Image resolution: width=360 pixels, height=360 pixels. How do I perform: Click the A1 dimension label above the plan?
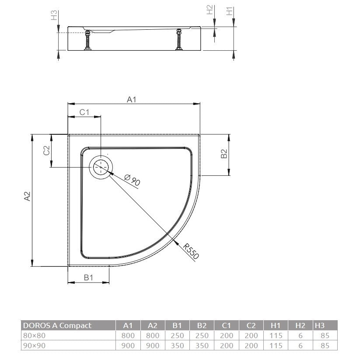point(132,99)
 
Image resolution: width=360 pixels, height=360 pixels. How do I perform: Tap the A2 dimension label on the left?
point(27,196)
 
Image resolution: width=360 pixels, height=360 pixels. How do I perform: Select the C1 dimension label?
point(84,112)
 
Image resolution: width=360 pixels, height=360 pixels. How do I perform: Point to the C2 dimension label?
point(47,150)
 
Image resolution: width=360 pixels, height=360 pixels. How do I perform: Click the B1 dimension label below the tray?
point(88,278)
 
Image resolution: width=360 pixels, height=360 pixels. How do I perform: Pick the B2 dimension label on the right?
point(224,154)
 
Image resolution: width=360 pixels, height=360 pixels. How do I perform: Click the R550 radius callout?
point(191,252)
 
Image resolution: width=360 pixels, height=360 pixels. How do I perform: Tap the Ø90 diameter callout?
point(132,179)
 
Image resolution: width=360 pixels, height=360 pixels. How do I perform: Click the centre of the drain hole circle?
point(101,167)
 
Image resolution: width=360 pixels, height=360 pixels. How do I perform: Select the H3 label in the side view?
point(54,15)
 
